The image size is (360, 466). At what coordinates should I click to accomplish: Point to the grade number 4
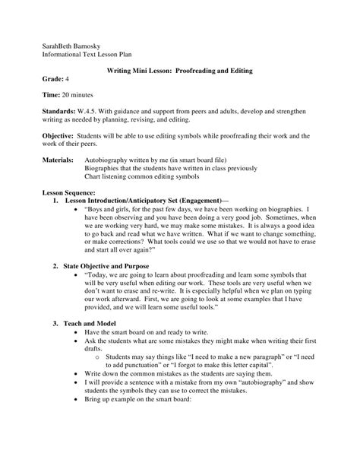[x=70, y=79]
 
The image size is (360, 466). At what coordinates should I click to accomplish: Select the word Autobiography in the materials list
[x=115, y=161]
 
